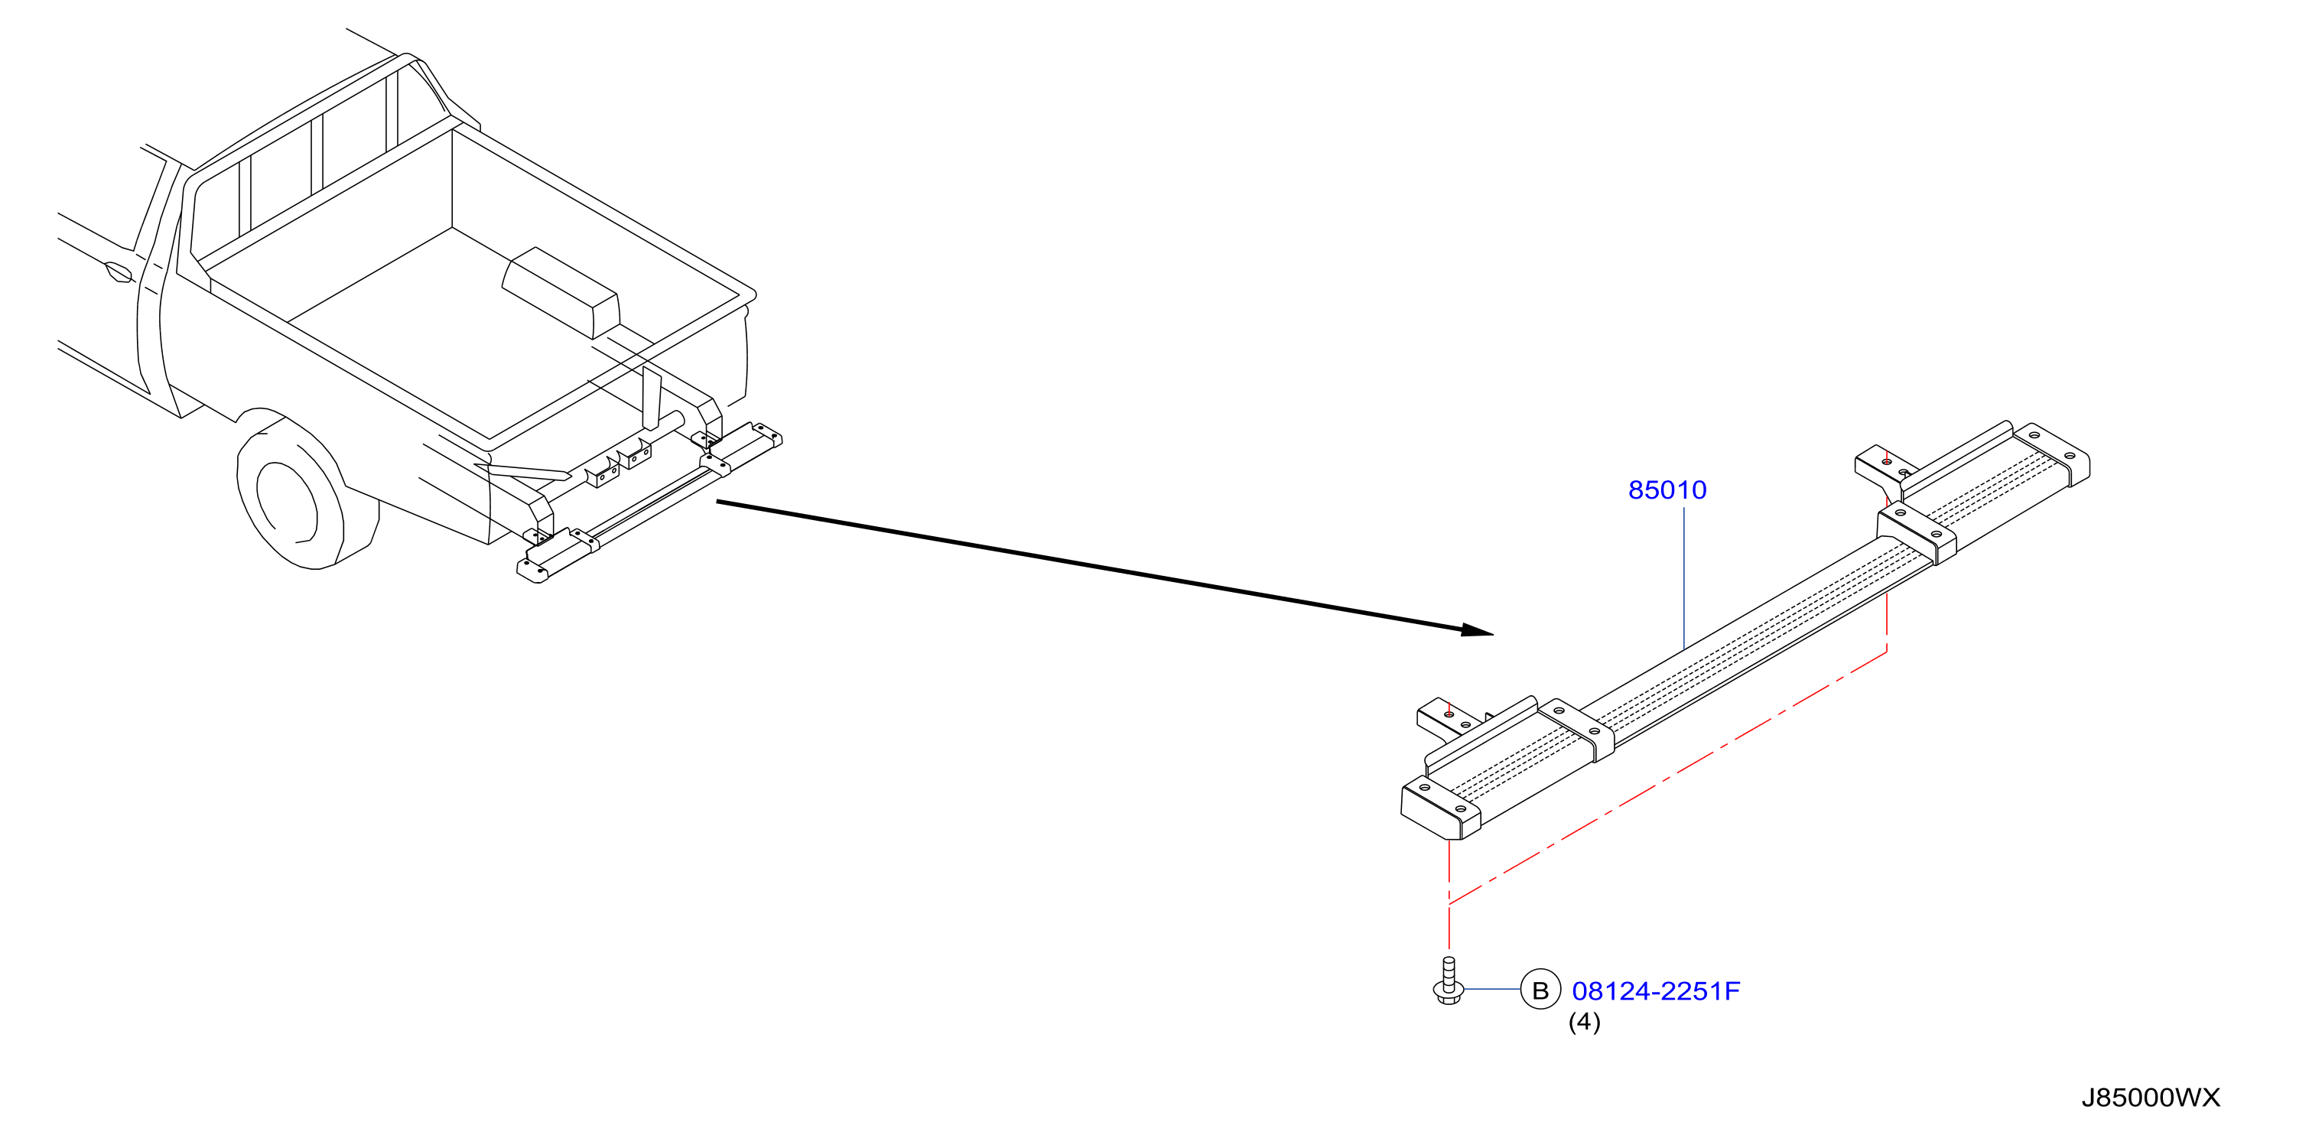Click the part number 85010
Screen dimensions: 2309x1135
(x=1667, y=489)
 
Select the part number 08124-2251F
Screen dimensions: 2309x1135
(x=1656, y=990)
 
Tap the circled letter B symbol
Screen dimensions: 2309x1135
(x=1540, y=990)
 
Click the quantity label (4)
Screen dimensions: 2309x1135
(x=1584, y=1022)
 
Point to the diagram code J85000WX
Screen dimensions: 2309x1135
(x=2151, y=1098)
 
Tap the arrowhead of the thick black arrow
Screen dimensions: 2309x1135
(x=1477, y=630)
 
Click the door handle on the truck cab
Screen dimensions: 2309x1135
(x=119, y=271)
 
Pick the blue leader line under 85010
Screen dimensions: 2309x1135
(x=1683, y=578)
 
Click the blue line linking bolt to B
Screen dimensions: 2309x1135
(x=1492, y=989)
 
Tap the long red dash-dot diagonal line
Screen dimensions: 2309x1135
(x=1668, y=777)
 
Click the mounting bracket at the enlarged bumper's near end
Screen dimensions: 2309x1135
(x=1449, y=720)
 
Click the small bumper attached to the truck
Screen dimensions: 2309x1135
(x=649, y=502)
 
